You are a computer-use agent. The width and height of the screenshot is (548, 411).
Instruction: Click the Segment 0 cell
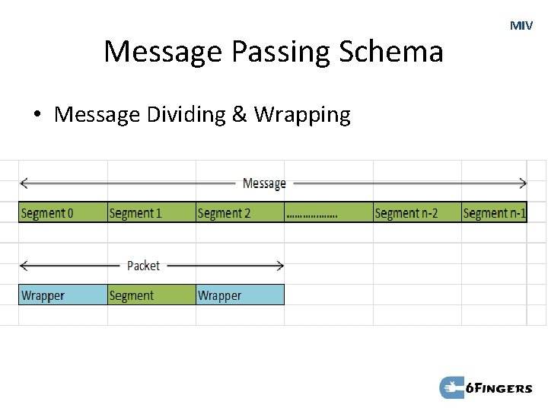pos(62,212)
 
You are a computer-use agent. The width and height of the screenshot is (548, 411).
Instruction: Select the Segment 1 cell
pos(151,212)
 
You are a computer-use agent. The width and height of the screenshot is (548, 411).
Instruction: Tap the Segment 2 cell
pos(240,212)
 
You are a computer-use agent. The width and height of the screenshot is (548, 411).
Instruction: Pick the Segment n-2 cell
pos(417,212)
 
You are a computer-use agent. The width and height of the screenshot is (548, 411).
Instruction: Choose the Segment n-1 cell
pos(494,212)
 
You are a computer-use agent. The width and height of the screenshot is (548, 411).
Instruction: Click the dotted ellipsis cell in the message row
pos(328,212)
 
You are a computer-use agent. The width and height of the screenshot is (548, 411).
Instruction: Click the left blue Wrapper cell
pos(62,295)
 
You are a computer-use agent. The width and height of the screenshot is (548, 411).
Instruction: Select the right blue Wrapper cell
pos(240,295)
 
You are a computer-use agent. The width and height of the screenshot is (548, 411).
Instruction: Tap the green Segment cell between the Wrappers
pos(151,295)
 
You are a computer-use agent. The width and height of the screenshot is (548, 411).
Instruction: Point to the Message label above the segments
pos(264,183)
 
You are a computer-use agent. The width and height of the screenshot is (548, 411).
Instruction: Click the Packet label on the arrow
pos(143,266)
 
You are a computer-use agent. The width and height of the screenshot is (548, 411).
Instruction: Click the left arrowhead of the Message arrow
pos(24,183)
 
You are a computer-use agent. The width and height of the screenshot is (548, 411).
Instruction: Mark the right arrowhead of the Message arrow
pos(523,183)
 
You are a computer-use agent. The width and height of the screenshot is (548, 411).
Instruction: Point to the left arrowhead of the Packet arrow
pos(24,266)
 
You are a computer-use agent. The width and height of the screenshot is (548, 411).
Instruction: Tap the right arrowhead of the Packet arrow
pos(280,266)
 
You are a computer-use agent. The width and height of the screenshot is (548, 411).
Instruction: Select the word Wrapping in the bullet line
pos(302,115)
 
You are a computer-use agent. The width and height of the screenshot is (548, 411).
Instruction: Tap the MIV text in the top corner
pos(521,26)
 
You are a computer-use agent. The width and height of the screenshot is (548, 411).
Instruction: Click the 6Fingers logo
pos(486,388)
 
